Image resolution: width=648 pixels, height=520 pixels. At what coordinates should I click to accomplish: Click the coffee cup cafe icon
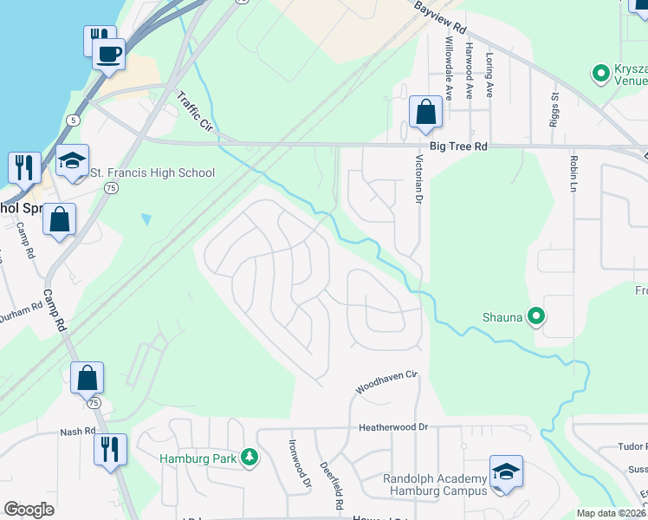tap(108, 54)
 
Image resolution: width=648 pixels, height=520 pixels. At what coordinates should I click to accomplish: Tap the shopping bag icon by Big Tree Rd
tap(425, 112)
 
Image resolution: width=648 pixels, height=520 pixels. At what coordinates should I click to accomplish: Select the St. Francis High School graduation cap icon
tap(72, 160)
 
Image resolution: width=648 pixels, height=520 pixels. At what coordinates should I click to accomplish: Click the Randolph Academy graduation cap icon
tap(506, 471)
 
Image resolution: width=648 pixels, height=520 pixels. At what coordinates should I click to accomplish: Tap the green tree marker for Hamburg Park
tap(249, 457)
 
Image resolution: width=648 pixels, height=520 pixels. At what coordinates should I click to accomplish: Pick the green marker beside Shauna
tap(536, 317)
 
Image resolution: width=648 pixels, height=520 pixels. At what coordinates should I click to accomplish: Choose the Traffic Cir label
tap(195, 110)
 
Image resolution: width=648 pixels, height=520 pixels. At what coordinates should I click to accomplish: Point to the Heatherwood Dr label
tap(394, 428)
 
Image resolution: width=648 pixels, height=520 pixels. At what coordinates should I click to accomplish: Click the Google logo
tap(29, 510)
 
